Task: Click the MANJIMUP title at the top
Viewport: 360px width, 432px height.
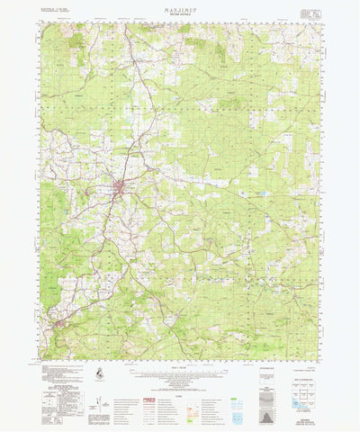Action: point(180,9)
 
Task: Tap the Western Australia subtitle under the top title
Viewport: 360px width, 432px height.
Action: point(180,15)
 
